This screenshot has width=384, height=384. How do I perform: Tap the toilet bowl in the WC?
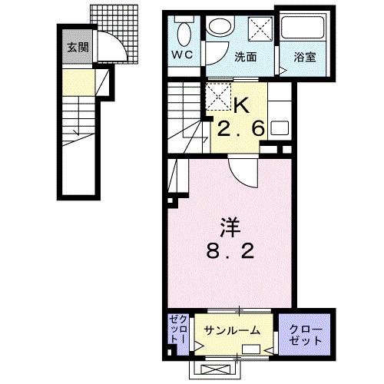tap(184, 33)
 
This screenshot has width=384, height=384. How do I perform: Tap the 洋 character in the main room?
tap(230, 227)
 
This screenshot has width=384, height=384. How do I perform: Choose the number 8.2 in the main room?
tap(230, 251)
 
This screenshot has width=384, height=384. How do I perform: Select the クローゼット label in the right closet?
tap(306, 332)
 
